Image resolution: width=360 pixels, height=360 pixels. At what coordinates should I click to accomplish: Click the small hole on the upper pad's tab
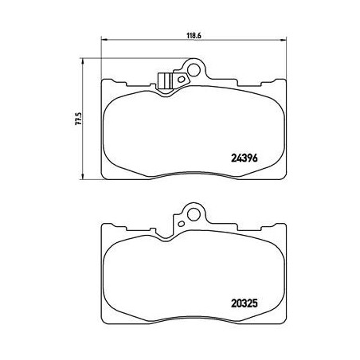point(182,79)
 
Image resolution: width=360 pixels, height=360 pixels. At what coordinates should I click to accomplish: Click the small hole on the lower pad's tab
point(182,223)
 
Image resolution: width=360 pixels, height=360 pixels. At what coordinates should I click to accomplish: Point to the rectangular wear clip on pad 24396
point(166,80)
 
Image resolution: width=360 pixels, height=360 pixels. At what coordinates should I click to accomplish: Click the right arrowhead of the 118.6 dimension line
point(285,42)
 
